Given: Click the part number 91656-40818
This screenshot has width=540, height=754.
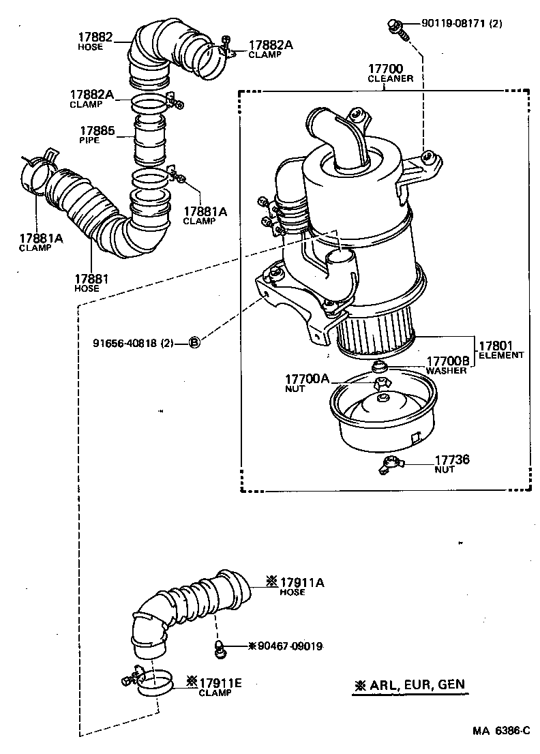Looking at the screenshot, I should pyautogui.click(x=133, y=342).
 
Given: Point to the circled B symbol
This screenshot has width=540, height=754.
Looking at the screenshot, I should pyautogui.click(x=194, y=342).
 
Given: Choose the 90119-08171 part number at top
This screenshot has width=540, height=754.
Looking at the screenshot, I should pyautogui.click(x=462, y=23).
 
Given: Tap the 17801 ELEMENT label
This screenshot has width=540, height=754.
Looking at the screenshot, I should pyautogui.click(x=501, y=349).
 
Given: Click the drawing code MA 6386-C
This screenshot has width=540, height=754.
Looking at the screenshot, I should pyautogui.click(x=501, y=731).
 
